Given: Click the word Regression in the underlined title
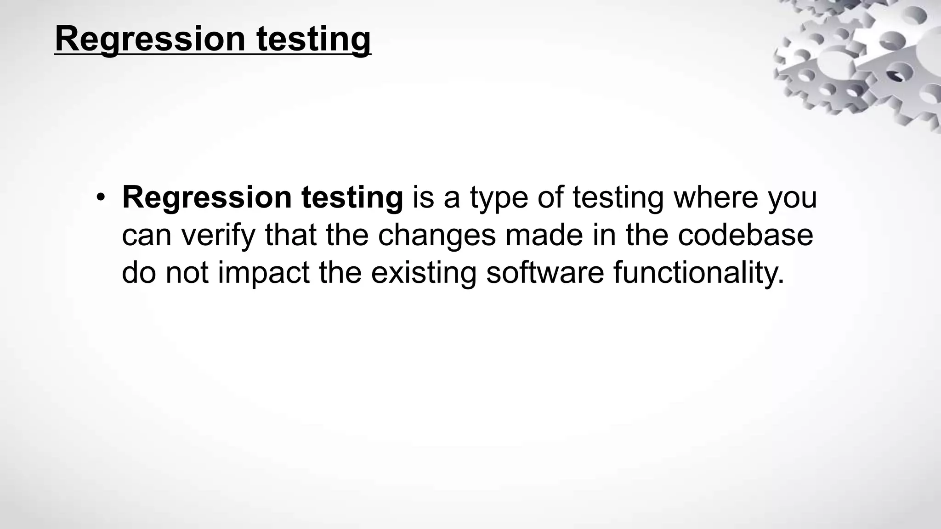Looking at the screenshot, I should [x=150, y=39].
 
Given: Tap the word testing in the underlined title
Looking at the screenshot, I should [x=313, y=39].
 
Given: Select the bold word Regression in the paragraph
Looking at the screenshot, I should [x=207, y=198].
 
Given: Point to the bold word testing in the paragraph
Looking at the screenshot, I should [x=352, y=198].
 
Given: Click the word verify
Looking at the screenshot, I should [x=218, y=235].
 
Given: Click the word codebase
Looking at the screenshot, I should [x=745, y=235].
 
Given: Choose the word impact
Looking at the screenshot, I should [x=264, y=272].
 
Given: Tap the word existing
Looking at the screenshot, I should [x=424, y=272].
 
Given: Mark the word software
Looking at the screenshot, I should [x=544, y=272].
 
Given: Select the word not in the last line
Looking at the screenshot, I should [x=187, y=272].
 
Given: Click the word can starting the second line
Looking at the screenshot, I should [x=147, y=235].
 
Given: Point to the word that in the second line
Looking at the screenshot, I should [x=290, y=235].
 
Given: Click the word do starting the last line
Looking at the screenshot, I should [x=139, y=272].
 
